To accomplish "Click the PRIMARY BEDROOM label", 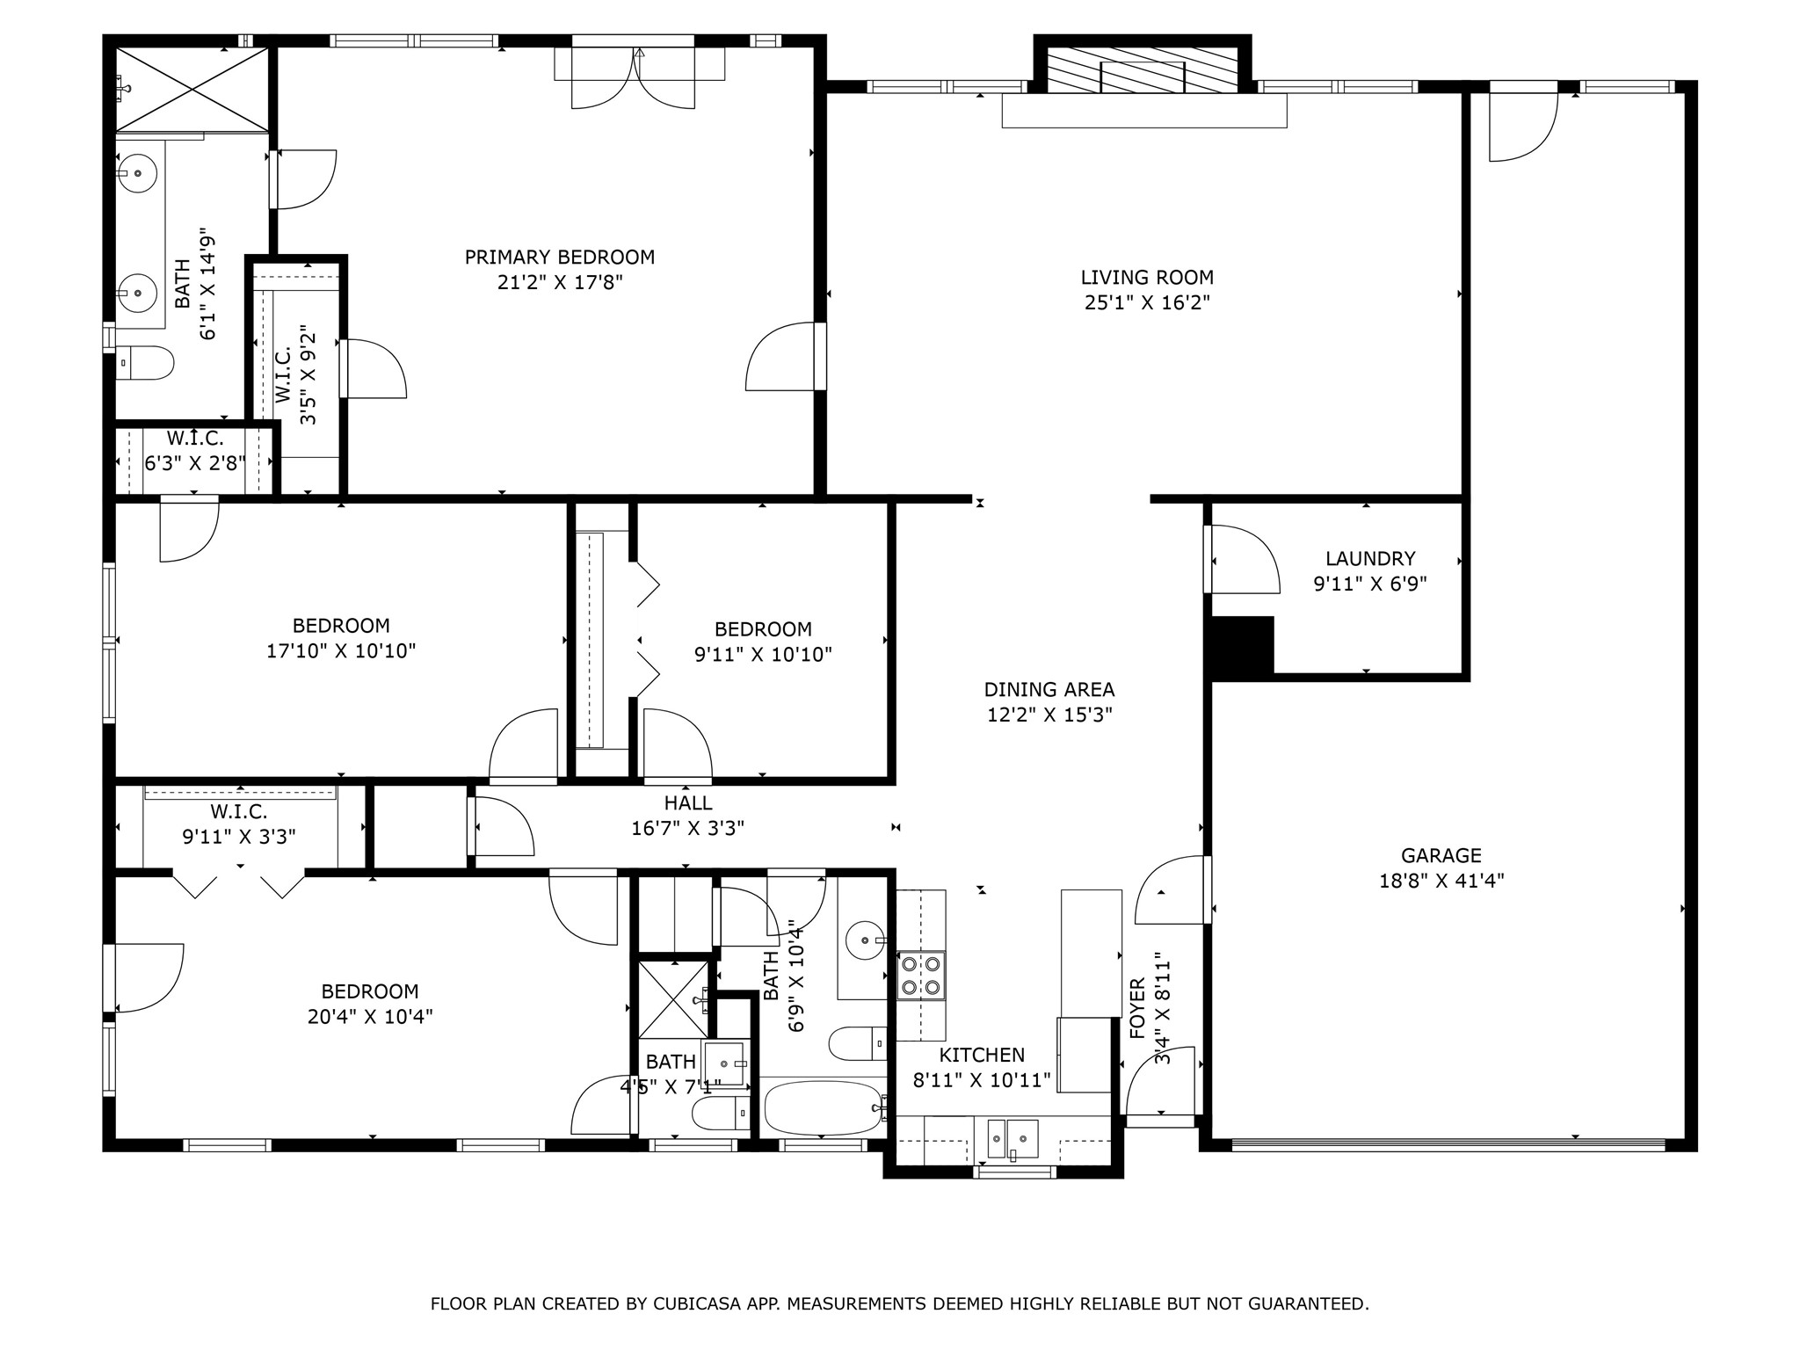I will coord(559,258).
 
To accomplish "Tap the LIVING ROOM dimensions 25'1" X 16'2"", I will coord(1147,303).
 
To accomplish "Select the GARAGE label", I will coord(1441,855).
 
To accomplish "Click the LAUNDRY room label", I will coord(1369,559).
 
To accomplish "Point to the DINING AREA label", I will coord(1049,690).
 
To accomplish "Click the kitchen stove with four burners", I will coord(921,975).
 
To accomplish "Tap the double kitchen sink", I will coord(1012,1138).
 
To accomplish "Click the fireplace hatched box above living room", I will coord(1143,69).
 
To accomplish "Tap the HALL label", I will coord(688,802).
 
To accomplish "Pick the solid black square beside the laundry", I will coord(1243,645).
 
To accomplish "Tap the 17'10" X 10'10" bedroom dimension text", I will coord(341,651).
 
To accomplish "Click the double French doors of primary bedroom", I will coord(639,79).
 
